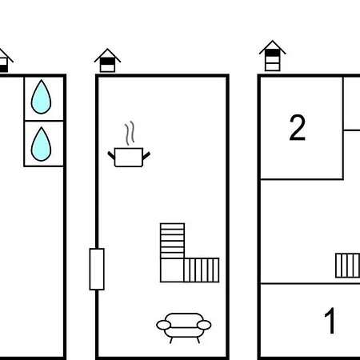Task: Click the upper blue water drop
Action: [41, 98]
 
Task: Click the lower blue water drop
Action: [41, 145]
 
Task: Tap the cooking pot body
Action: [129, 158]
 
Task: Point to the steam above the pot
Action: [130, 133]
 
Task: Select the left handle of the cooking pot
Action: [111, 155]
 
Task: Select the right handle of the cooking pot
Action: [146, 155]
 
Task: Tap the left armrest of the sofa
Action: [163, 325]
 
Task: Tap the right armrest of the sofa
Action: [204, 325]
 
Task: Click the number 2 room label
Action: [298, 127]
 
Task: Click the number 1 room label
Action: [330, 320]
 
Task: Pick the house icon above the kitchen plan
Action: [107, 61]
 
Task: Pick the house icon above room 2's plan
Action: [273, 56]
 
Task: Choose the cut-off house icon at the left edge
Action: [5, 61]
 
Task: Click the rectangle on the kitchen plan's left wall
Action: [97, 269]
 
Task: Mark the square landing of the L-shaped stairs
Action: [172, 270]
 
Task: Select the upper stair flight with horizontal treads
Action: [172, 241]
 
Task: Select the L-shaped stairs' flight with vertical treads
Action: [202, 270]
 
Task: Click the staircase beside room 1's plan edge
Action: [347, 266]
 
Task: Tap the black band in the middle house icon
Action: [107, 62]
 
